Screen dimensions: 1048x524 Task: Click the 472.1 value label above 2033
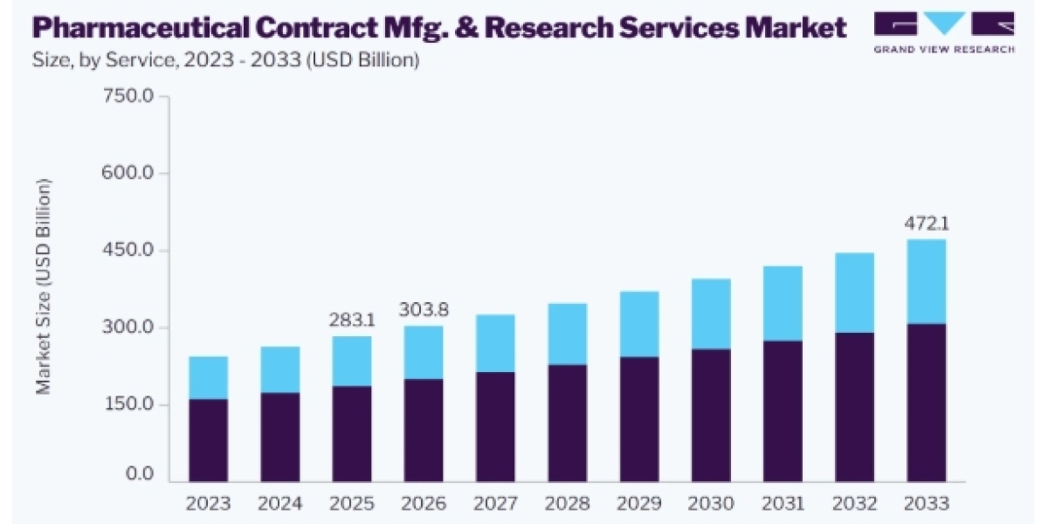pyautogui.click(x=927, y=224)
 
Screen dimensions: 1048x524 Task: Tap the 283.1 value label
pyautogui.click(x=352, y=320)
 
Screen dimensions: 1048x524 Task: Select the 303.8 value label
pyautogui.click(x=424, y=310)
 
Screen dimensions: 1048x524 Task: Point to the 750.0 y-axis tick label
pyautogui.click(x=128, y=96)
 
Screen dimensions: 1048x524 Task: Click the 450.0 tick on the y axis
pyautogui.click(x=128, y=250)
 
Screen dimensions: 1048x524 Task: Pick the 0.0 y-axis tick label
pyautogui.click(x=140, y=473)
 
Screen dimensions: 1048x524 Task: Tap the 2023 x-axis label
pyautogui.click(x=208, y=503)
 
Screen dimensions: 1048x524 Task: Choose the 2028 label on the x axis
pyautogui.click(x=567, y=503)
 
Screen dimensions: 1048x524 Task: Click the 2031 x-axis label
pyautogui.click(x=783, y=503)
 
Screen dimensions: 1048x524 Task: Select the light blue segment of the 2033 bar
pyautogui.click(x=927, y=281)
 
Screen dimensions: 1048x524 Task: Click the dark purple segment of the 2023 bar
pyautogui.click(x=208, y=440)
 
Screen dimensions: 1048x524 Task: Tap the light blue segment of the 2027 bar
pyautogui.click(x=495, y=343)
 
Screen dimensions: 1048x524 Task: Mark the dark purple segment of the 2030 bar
pyautogui.click(x=711, y=415)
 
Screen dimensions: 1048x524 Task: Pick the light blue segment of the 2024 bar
pyautogui.click(x=280, y=369)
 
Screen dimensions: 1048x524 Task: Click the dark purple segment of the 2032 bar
pyautogui.click(x=855, y=407)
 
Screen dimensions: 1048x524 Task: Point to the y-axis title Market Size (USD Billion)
pyautogui.click(x=43, y=286)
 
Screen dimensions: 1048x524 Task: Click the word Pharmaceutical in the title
pyautogui.click(x=141, y=28)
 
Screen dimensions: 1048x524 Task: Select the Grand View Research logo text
pyautogui.click(x=944, y=49)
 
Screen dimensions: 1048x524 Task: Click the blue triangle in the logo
pyautogui.click(x=944, y=22)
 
